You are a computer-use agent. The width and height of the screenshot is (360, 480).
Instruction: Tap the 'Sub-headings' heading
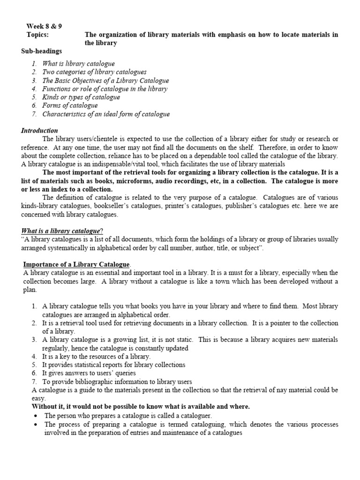coord(41,51)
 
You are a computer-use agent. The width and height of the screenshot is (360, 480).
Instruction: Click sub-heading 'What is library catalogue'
coord(78,64)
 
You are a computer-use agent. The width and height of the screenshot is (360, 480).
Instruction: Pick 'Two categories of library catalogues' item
coord(94,72)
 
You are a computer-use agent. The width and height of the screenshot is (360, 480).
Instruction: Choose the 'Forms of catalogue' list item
coord(70,105)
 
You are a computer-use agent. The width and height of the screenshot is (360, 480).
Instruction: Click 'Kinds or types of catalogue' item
coord(81,97)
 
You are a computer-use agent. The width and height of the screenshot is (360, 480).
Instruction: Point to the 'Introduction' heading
coord(39,130)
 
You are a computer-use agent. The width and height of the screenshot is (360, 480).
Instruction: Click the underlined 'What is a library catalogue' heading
coord(60,231)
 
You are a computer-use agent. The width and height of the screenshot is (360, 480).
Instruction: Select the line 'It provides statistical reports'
coord(113,365)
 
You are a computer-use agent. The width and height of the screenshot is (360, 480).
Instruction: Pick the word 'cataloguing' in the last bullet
coord(187,424)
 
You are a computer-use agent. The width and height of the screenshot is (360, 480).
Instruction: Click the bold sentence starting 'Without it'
coord(141,406)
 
